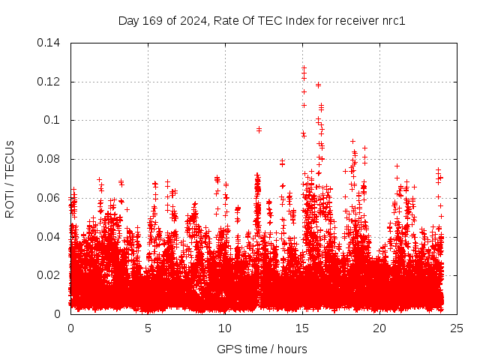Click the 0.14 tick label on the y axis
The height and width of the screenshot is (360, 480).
pyautogui.click(x=50, y=43)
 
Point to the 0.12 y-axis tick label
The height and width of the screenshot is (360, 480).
pyautogui.click(x=50, y=82)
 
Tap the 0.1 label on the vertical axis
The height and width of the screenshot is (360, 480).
pyautogui.click(x=53, y=120)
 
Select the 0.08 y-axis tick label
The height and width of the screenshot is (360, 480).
pyautogui.click(x=50, y=159)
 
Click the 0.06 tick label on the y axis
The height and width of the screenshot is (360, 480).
pyautogui.click(x=50, y=198)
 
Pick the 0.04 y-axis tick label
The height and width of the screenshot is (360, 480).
pyautogui.click(x=50, y=237)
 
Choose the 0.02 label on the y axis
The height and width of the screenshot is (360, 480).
pyautogui.click(x=50, y=275)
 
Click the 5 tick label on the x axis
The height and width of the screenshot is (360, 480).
pyautogui.click(x=148, y=328)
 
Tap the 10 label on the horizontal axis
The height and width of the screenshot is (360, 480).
pyautogui.click(x=225, y=328)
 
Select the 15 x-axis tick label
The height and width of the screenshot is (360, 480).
pyautogui.click(x=302, y=328)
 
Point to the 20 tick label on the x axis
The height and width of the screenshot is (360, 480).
pyautogui.click(x=379, y=328)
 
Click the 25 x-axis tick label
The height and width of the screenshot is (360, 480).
pyautogui.click(x=457, y=328)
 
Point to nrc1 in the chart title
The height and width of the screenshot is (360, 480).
pyautogui.click(x=391, y=20)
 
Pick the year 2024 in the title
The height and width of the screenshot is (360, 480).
pyautogui.click(x=193, y=20)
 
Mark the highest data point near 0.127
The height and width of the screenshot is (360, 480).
pyautogui.click(x=304, y=67)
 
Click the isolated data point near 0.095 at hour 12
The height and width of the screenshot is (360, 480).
pyautogui.click(x=259, y=130)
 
